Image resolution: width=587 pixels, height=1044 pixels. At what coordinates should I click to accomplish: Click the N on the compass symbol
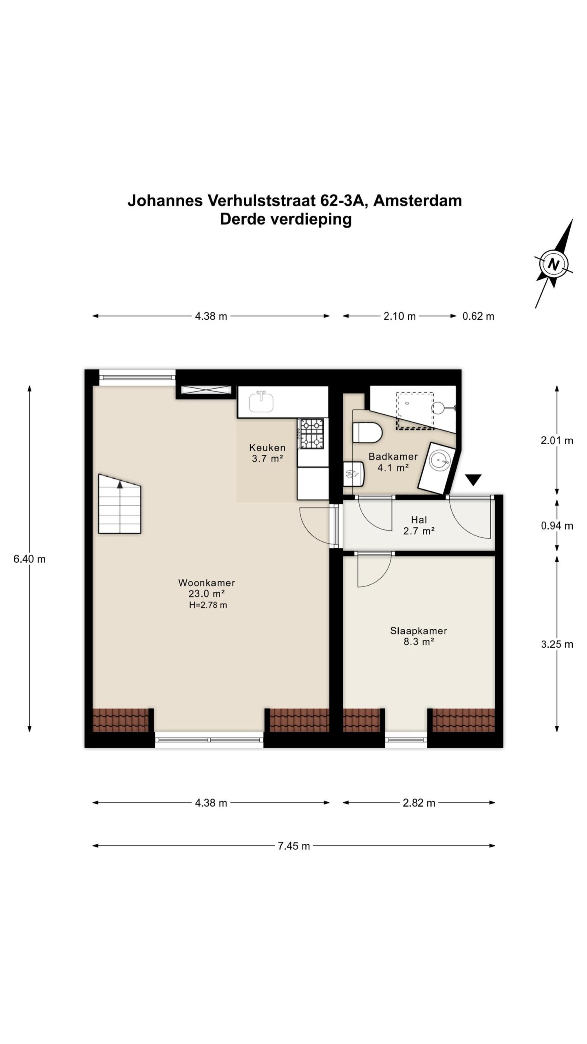(553, 264)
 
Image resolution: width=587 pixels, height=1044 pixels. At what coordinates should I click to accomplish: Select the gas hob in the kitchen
(312, 433)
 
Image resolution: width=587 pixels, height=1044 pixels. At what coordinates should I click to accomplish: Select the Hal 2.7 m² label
(419, 525)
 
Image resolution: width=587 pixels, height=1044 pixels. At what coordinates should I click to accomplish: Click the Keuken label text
(267, 447)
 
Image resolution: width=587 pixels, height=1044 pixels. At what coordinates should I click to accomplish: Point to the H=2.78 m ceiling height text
(208, 605)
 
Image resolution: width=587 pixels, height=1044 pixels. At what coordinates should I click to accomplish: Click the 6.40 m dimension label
(29, 559)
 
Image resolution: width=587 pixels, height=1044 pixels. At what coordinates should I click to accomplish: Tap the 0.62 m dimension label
(478, 316)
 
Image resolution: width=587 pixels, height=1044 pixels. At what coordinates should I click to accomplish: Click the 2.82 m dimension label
(419, 803)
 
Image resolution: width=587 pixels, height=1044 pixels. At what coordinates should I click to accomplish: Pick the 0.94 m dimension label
(557, 526)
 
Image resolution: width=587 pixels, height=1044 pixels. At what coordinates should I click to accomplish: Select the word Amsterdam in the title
(417, 201)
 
